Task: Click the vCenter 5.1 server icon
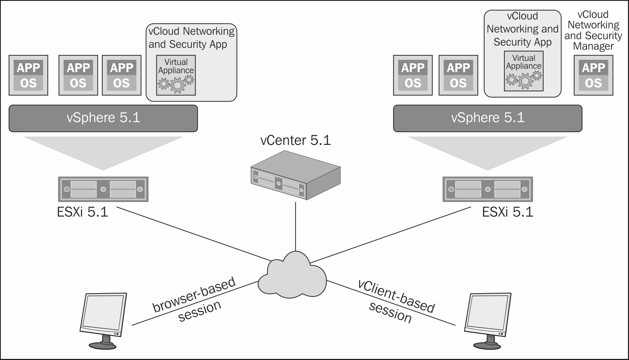click(295, 176)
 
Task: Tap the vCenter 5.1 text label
click(295, 140)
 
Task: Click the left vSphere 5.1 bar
click(103, 118)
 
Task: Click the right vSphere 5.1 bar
click(488, 118)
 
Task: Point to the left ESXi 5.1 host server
click(103, 189)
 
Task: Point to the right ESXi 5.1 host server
click(488, 189)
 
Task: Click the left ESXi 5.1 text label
click(82, 212)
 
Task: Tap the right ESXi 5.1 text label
click(507, 212)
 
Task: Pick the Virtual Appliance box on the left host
click(176, 75)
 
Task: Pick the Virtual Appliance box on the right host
click(524, 71)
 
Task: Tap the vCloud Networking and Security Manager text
click(593, 31)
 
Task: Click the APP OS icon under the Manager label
click(593, 75)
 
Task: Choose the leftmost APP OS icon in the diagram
click(28, 75)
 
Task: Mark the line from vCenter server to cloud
click(295, 226)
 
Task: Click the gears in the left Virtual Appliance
click(176, 84)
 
